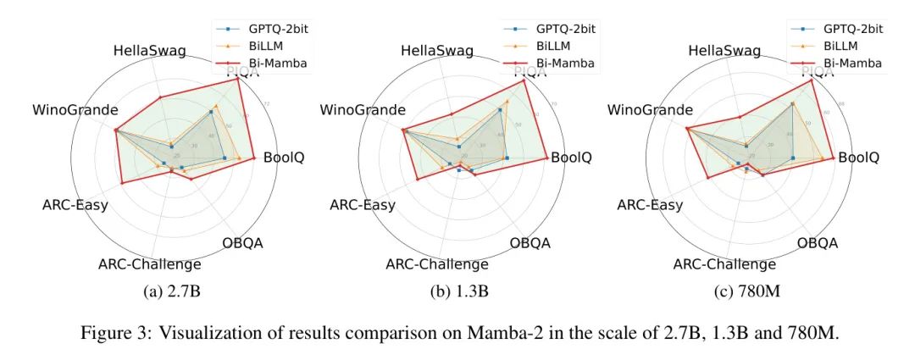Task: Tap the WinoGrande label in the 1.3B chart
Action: pyautogui.click(x=363, y=110)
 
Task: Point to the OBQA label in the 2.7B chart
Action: pyautogui.click(x=242, y=243)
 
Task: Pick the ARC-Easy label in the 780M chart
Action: pyautogui.click(x=649, y=205)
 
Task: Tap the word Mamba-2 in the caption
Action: pyautogui.click(x=494, y=333)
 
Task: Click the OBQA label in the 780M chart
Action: pyautogui.click(x=818, y=243)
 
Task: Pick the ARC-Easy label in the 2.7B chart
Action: pyautogui.click(x=75, y=205)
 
